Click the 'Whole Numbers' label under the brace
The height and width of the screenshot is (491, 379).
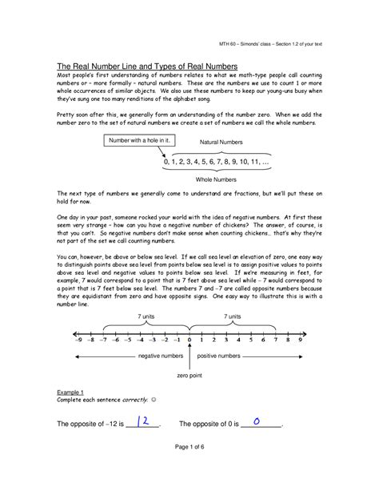218,182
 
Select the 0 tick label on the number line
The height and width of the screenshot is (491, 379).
190,340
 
